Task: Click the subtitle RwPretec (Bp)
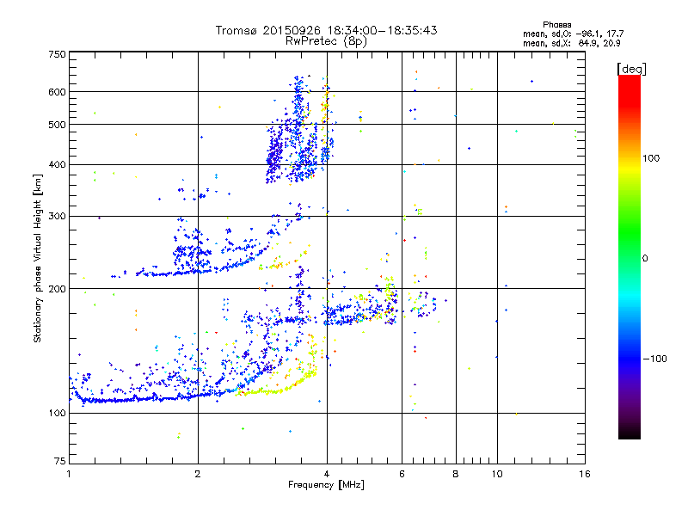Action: coord(327,40)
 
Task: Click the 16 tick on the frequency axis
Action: coord(584,474)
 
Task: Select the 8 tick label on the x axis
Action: coord(456,474)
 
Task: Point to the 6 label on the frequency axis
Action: coord(402,474)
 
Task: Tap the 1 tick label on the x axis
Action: coord(69,474)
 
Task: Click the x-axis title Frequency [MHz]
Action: coord(326,485)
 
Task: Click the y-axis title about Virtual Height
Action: coord(38,258)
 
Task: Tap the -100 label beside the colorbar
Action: coord(654,359)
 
